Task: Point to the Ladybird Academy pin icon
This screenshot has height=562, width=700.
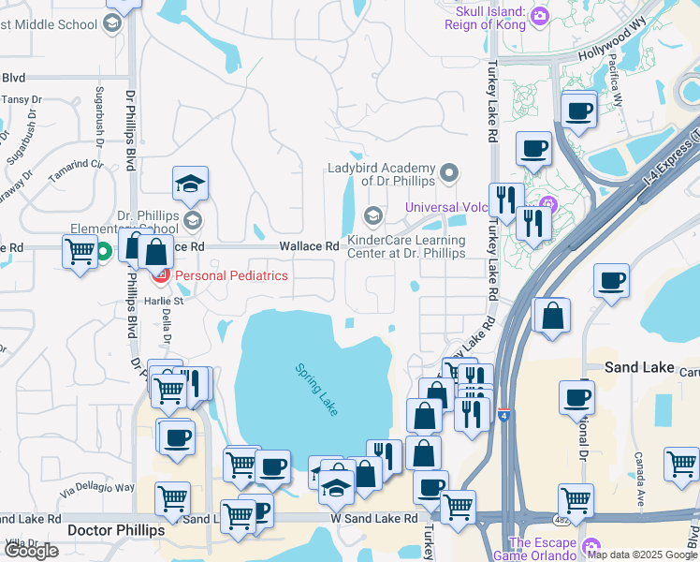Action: (450, 172)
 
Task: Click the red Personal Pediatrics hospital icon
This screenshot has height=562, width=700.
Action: (160, 275)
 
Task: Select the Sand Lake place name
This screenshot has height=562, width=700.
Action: (639, 367)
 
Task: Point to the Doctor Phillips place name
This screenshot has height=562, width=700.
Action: (117, 530)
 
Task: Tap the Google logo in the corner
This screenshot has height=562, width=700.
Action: (31, 551)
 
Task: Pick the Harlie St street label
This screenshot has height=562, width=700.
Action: (164, 301)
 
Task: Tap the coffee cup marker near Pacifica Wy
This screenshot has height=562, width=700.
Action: (578, 110)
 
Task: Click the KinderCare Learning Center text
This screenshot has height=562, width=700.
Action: (406, 246)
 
